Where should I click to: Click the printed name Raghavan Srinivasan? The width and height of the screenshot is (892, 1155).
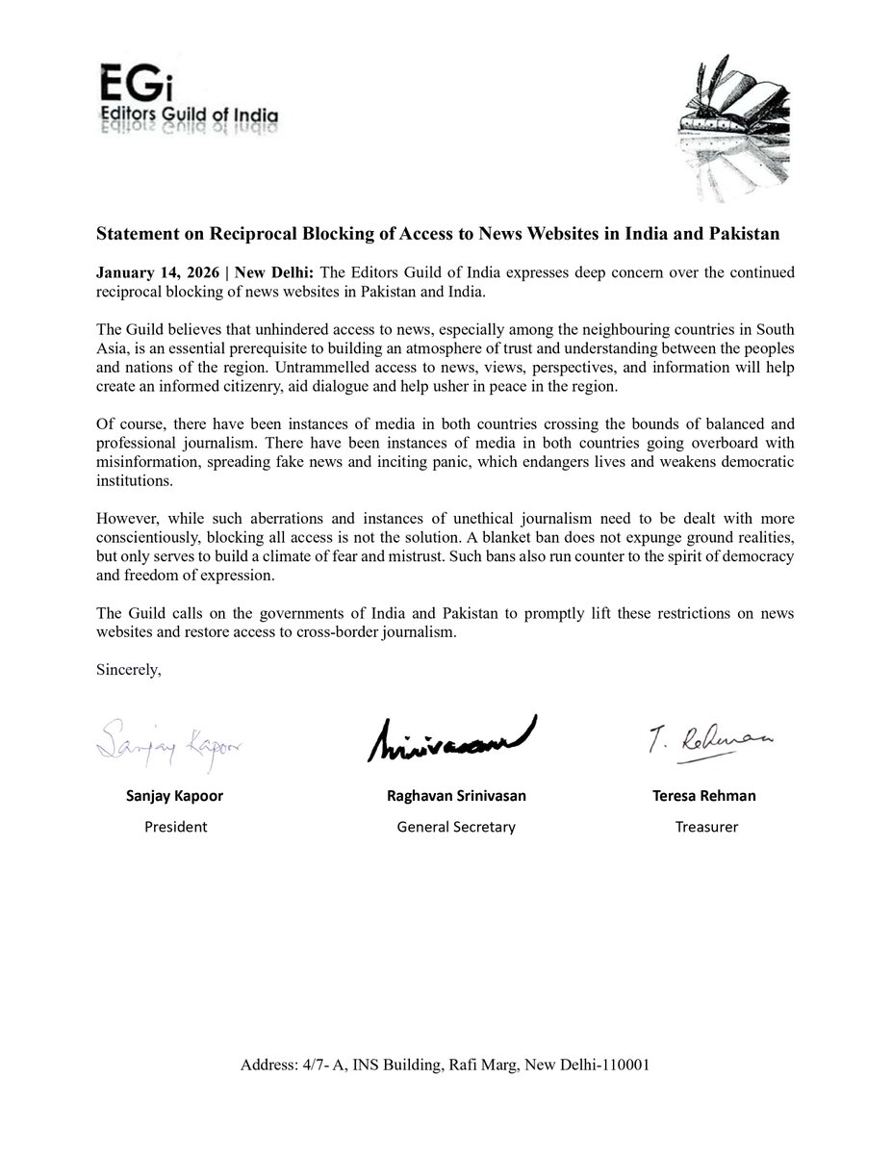coord(455,796)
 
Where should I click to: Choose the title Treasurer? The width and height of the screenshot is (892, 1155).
coord(706,826)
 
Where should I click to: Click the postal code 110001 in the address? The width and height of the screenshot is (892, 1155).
coord(625,1066)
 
